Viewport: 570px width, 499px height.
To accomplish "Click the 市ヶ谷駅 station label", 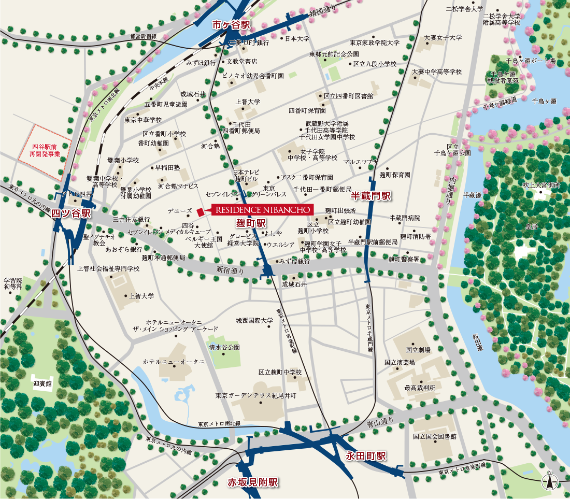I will (x=231, y=25).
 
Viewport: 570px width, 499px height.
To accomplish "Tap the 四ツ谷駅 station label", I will (x=71, y=213).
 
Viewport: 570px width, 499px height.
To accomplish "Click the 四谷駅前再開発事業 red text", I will (x=46, y=151).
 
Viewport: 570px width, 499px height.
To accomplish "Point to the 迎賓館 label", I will (x=43, y=384).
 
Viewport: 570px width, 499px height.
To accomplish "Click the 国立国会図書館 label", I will (x=435, y=436).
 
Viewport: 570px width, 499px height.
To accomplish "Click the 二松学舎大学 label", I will (x=464, y=9).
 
